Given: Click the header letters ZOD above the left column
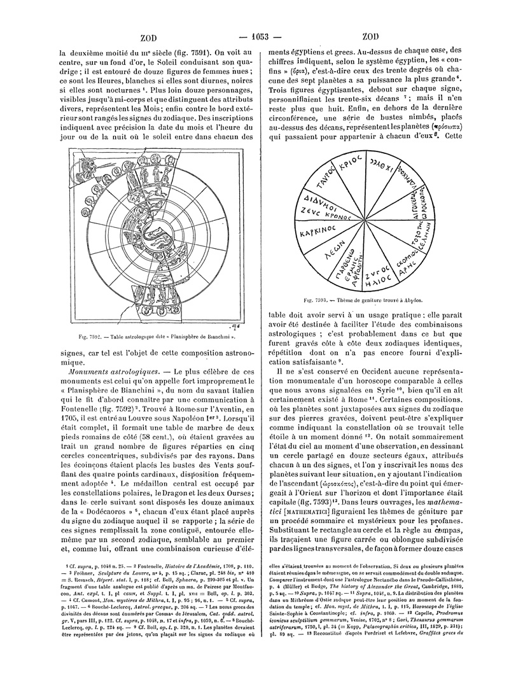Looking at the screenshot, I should point(148,36).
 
